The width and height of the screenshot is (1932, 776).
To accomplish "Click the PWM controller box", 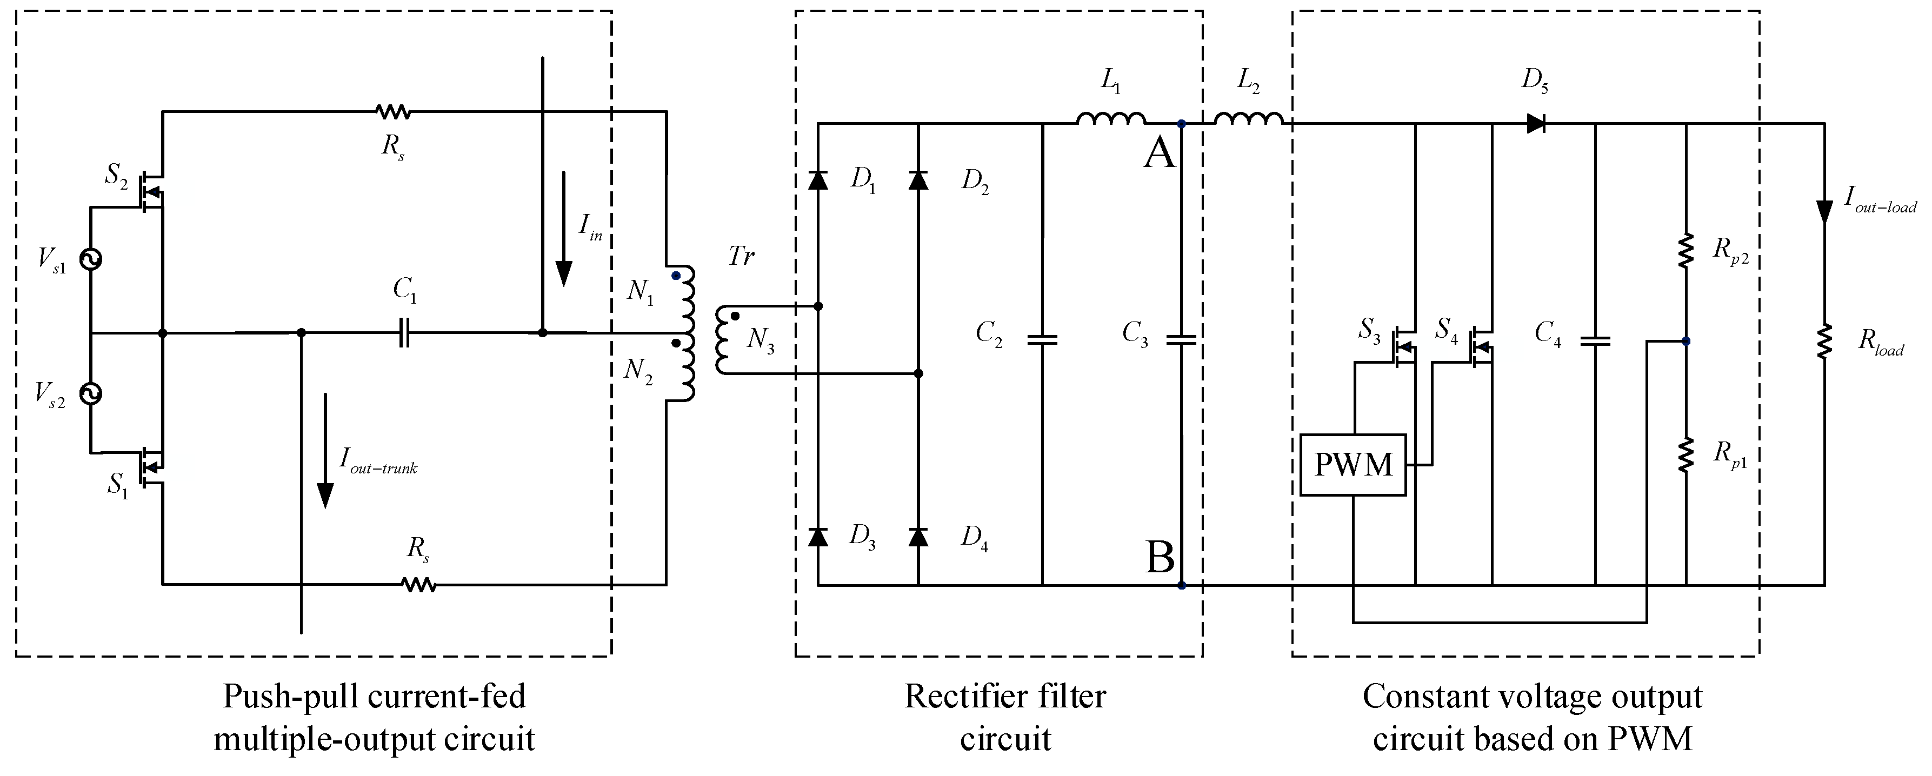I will click(x=1353, y=465).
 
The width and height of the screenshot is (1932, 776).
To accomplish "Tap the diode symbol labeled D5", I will click(x=1535, y=124).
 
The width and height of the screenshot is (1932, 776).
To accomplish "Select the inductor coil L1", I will click(x=1111, y=118).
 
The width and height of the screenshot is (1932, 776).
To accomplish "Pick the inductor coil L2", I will click(x=1248, y=118).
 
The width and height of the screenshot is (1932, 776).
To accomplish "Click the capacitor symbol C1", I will click(x=403, y=333).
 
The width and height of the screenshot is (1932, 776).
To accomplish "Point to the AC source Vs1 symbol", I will click(x=91, y=259).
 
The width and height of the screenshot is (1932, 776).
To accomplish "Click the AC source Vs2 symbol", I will click(x=91, y=393).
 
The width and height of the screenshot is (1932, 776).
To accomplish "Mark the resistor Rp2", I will click(x=1685, y=251).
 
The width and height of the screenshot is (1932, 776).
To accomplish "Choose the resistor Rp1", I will click(x=1685, y=455).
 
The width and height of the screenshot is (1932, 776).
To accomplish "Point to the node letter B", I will click(x=1160, y=558).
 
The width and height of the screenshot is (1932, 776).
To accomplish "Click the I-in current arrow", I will click(x=563, y=229).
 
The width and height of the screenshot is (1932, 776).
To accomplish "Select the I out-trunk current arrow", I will click(x=325, y=450).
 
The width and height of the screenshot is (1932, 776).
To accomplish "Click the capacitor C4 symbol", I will click(x=1595, y=341).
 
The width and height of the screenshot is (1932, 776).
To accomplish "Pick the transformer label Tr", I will click(x=741, y=257).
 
